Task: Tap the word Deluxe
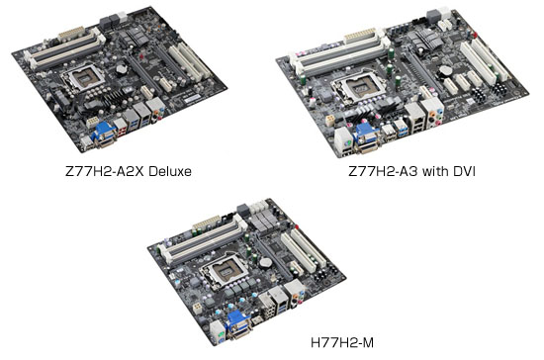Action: tap(171, 172)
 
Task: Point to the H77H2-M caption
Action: tap(342, 342)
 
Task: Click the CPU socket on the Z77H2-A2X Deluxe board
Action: tap(83, 78)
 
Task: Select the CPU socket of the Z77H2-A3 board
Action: tap(359, 86)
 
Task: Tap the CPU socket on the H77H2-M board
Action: tap(226, 271)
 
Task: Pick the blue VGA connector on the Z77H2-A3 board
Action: tap(365, 133)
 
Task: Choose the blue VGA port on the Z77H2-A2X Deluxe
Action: tap(104, 131)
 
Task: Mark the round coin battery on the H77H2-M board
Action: tap(266, 262)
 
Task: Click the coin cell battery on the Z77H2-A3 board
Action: tap(445, 71)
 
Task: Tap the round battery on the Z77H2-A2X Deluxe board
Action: tap(121, 67)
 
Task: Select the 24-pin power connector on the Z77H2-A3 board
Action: tap(359, 36)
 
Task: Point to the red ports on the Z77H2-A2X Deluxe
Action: tap(122, 131)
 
